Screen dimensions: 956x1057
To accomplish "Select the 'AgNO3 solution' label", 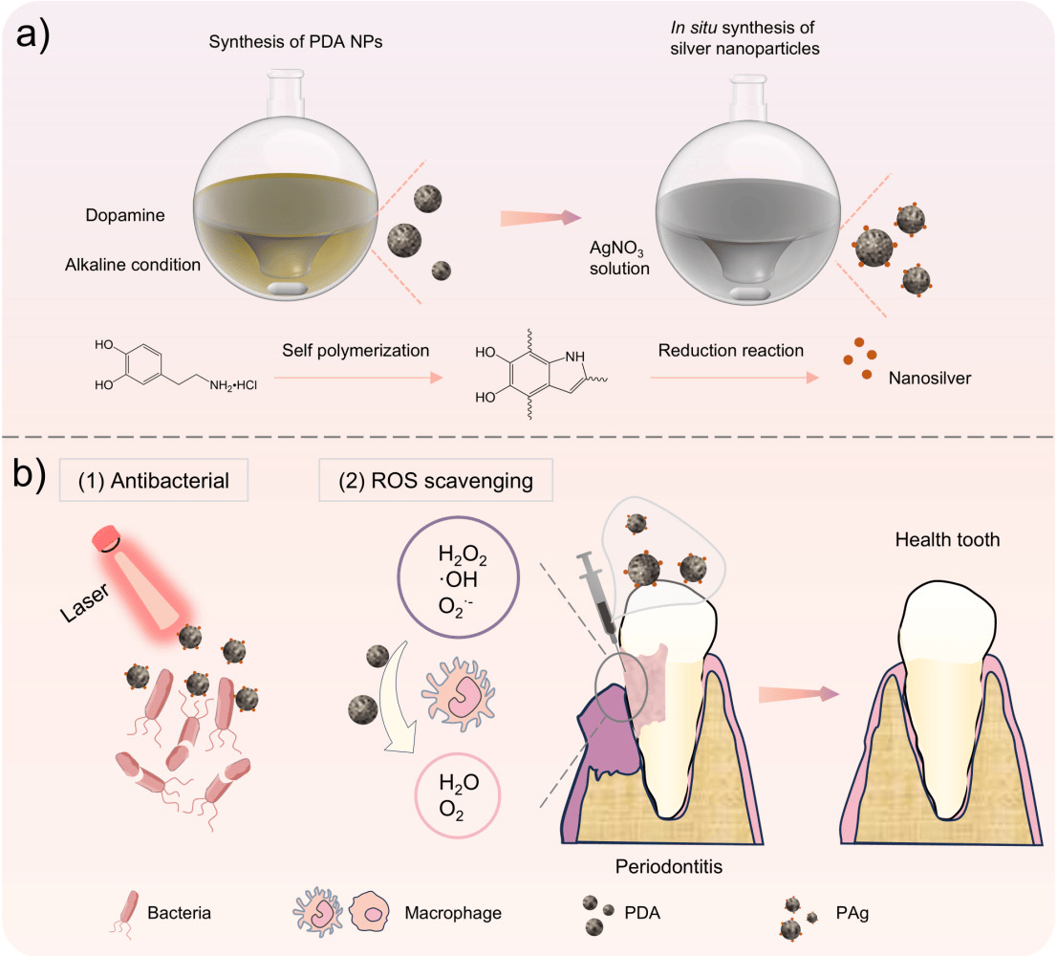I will pyautogui.click(x=619, y=260).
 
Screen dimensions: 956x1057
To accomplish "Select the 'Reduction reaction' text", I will pyautogui.click(x=730, y=351).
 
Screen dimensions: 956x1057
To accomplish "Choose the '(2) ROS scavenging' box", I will pyautogui.click(x=436, y=480).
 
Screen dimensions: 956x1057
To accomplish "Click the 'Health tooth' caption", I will pyautogui.click(x=946, y=540).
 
